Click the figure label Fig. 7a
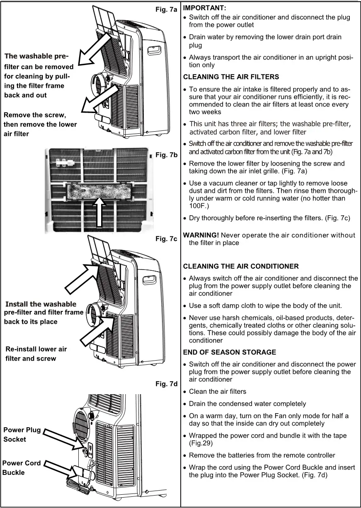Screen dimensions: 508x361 pos(166,8)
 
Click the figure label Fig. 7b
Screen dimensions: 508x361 pos(166,155)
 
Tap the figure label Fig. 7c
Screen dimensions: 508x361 pos(166,239)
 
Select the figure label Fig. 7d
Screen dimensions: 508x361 pos(166,384)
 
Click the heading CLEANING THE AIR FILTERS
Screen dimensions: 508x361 pos(231,77)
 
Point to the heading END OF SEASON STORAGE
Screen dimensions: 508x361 pos(229,352)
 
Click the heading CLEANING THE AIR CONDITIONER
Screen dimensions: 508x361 pos(241,266)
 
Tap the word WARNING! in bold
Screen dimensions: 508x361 pos(201,235)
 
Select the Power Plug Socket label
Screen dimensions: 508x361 pos(22,434)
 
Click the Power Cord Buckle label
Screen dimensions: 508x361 pos(21,467)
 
